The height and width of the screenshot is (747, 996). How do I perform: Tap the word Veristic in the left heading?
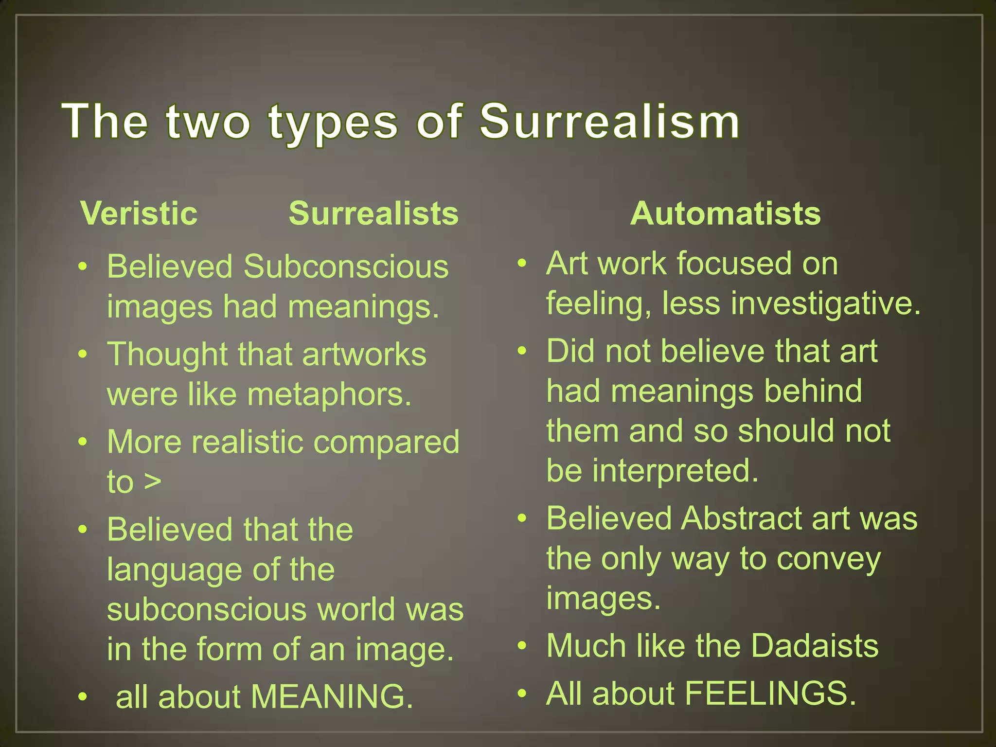click(x=139, y=213)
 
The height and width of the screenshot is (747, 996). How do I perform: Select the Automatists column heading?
click(x=725, y=213)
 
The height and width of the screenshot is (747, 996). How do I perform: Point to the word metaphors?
click(x=329, y=394)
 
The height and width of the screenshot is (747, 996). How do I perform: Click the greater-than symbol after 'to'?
click(x=152, y=482)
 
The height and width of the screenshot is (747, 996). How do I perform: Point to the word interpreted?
click(x=675, y=471)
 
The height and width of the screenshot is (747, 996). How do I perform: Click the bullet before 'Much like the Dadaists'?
click(x=522, y=646)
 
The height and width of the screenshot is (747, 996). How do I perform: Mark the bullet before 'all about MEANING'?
click(x=83, y=697)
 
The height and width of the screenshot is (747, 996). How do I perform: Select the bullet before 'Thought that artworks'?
click(x=83, y=354)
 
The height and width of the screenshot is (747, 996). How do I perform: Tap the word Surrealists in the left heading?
click(x=373, y=213)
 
